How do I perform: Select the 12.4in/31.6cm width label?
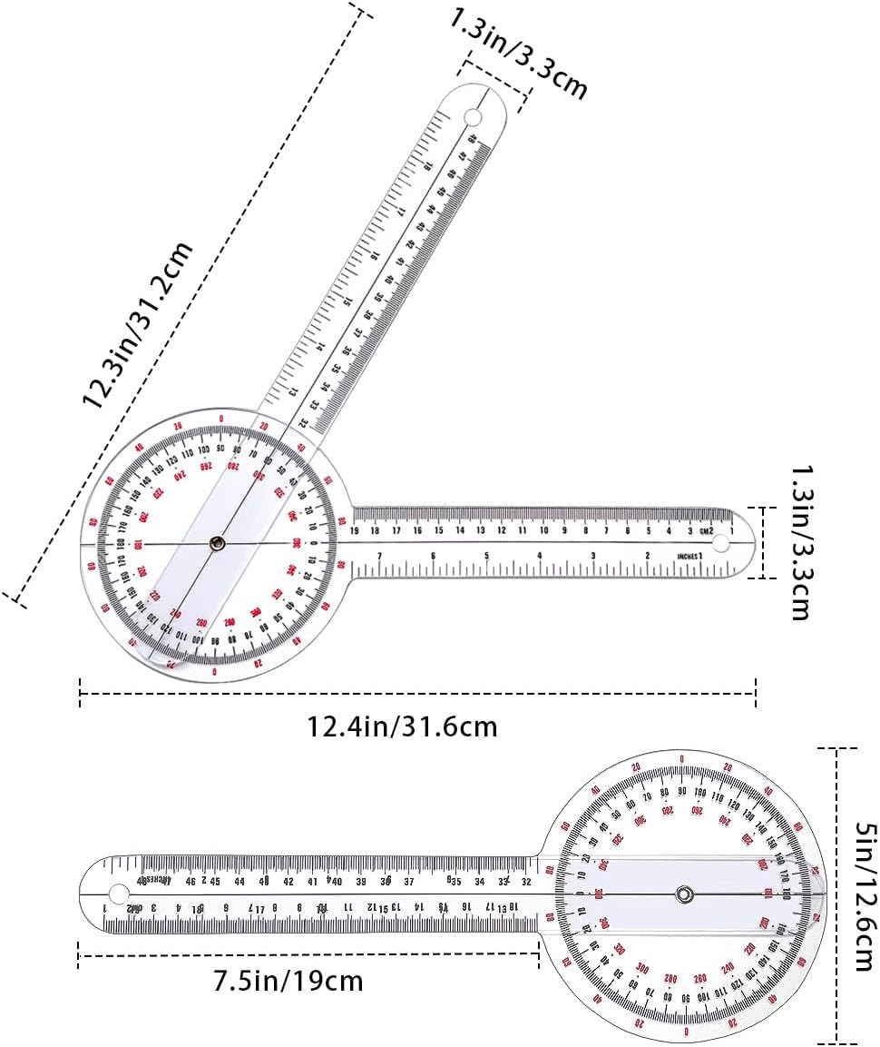tap(402, 727)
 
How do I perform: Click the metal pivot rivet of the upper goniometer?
tap(217, 543)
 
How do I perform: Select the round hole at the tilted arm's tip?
tap(473, 118)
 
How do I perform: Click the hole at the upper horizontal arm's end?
tap(721, 543)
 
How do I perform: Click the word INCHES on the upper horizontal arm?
tap(688, 555)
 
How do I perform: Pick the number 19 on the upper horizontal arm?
tap(355, 530)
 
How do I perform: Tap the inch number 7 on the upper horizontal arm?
tap(379, 556)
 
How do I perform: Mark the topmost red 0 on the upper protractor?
tap(223, 419)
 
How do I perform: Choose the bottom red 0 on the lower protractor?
tap(686, 1032)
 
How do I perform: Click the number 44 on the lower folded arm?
tap(240, 881)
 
